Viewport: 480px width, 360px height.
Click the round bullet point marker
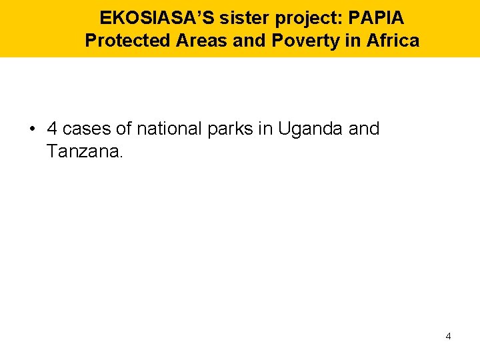33,129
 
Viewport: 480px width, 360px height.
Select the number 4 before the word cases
52,128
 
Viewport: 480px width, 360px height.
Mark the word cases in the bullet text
87,128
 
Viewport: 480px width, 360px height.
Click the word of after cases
124,128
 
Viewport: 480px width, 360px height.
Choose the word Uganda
311,129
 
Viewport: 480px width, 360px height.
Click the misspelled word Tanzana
85,151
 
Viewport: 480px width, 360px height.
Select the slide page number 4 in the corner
448,336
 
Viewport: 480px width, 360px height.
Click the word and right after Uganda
364,128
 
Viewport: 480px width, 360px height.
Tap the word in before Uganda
265,128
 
